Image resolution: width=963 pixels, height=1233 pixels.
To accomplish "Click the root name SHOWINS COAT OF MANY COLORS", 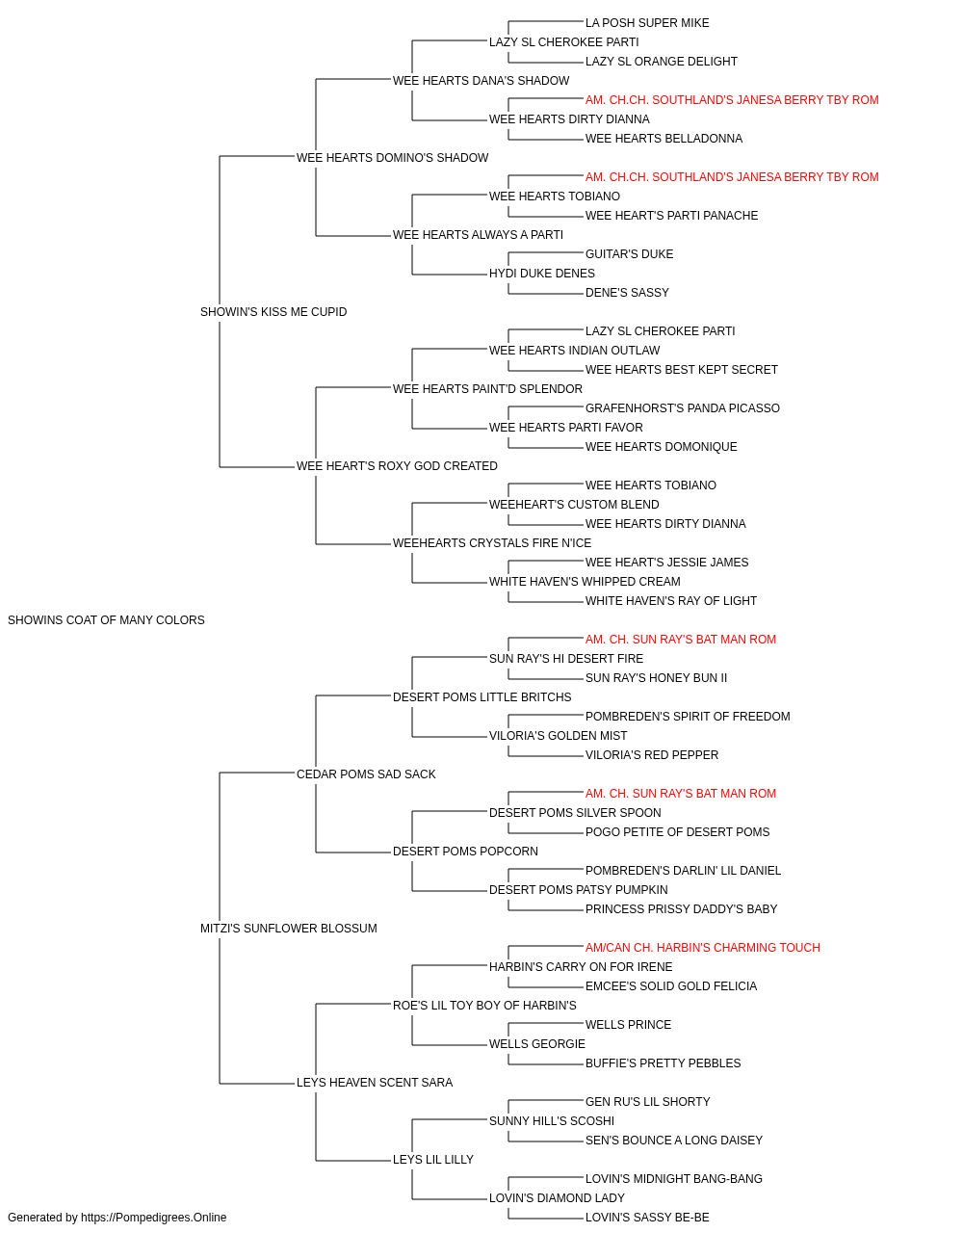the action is [x=106, y=619].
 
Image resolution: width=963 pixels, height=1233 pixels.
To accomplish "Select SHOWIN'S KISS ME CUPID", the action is [x=273, y=311].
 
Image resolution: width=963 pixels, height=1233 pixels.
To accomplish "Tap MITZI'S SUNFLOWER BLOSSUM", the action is [x=289, y=929].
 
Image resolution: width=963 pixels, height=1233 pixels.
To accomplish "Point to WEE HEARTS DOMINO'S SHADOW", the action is [x=393, y=157].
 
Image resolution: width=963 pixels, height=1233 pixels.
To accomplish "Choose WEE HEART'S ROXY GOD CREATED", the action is [x=397, y=466].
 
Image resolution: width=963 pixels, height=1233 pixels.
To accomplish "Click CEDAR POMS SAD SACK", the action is [x=366, y=774].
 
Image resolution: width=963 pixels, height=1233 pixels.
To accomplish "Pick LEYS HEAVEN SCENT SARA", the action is [x=375, y=1082].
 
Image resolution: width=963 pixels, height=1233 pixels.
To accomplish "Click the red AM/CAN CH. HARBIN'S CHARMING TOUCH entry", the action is [x=703, y=948].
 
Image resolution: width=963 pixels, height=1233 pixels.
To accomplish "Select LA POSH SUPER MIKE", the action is [x=647, y=23].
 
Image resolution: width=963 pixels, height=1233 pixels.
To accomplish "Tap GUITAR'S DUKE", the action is [x=630, y=253].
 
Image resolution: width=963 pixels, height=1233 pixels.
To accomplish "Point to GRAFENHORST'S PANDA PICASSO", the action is [x=683, y=408].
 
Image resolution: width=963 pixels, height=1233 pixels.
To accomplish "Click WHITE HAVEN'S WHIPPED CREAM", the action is [x=585, y=581].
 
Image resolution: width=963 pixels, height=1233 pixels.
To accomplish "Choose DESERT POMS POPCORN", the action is [x=466, y=852].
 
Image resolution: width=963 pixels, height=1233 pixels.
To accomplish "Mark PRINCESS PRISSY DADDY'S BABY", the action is [x=681, y=909].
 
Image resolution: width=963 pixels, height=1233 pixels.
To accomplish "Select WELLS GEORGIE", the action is [x=537, y=1043].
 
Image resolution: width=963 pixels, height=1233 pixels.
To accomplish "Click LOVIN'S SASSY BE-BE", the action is [x=647, y=1218].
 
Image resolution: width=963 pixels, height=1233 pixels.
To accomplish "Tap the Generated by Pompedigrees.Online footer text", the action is [x=117, y=1218].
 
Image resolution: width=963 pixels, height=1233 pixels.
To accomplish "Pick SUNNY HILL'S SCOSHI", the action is [x=552, y=1120].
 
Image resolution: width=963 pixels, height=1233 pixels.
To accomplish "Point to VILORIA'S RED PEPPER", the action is [x=652, y=754].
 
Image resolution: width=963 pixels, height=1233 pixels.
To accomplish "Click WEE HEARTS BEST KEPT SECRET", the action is [x=682, y=369].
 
